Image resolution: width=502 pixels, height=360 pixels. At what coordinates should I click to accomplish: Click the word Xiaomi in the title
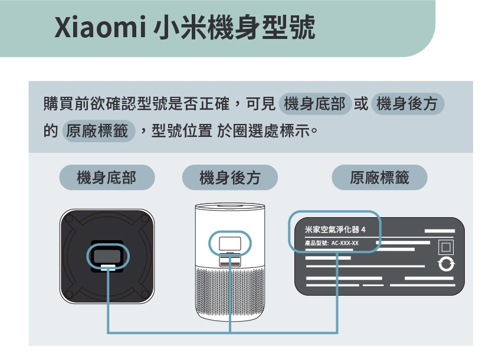(97, 28)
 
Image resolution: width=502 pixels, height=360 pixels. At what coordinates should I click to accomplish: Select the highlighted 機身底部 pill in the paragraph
(315, 105)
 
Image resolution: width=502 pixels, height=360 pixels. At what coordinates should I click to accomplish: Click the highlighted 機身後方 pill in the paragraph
(407, 105)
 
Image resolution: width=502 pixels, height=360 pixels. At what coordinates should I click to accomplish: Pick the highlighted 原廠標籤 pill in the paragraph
(98, 130)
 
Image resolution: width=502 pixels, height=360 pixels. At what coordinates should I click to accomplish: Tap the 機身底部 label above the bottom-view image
(107, 177)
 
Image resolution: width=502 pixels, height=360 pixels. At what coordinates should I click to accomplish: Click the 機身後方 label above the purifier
(229, 177)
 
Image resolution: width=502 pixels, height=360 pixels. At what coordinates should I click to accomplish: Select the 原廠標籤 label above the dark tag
(379, 177)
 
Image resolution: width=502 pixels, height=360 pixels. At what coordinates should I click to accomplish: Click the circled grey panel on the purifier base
(107, 256)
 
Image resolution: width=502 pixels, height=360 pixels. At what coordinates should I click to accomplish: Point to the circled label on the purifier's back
(229, 243)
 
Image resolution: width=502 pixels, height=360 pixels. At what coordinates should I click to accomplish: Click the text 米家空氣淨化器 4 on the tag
(336, 229)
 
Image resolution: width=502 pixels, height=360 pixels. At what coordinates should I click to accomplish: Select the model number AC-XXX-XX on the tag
(345, 243)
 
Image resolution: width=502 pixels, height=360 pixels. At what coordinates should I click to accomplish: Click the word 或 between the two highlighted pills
(361, 105)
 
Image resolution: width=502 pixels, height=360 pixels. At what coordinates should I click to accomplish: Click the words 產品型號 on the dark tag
(316, 243)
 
